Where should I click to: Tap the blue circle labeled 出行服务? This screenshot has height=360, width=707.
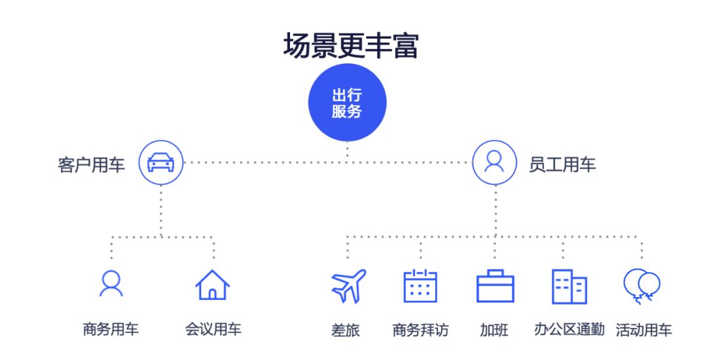(x=348, y=103)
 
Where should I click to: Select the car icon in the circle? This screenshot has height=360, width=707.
(x=161, y=162)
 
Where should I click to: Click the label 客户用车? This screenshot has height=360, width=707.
(x=91, y=165)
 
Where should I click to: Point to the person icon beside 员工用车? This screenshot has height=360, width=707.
(x=494, y=162)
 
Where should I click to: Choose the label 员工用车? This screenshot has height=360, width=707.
(x=562, y=165)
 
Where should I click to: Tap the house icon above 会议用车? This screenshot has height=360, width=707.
(x=213, y=285)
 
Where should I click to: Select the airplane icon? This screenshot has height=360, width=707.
(x=348, y=286)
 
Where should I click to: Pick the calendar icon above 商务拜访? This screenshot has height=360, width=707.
(x=420, y=286)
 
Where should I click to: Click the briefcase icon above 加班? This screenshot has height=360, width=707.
(x=495, y=287)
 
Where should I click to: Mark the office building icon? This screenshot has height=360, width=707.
(x=569, y=287)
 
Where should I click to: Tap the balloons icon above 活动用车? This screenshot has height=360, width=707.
(x=642, y=287)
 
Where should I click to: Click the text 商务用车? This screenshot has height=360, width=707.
(x=111, y=329)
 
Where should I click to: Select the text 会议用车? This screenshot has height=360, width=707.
(x=213, y=329)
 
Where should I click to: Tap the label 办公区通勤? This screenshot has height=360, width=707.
(x=569, y=329)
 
